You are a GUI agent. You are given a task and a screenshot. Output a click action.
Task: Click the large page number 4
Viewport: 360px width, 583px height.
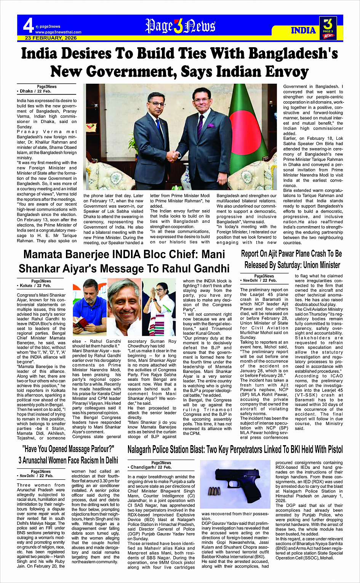tap(28, 26)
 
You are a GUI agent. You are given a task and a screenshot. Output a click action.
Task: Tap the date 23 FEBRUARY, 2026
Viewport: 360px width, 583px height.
tap(51, 38)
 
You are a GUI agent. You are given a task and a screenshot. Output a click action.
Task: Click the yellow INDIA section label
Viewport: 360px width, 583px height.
tap(303, 30)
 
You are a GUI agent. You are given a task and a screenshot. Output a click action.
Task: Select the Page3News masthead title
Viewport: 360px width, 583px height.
tap(180, 26)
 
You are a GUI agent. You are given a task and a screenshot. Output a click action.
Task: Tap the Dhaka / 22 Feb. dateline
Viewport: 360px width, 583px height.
tap(35, 91)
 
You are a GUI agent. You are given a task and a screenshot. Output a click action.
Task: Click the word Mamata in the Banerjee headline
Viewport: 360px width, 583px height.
tap(49, 255)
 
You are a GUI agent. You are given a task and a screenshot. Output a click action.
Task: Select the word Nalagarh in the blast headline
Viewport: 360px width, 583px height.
tap(147, 450)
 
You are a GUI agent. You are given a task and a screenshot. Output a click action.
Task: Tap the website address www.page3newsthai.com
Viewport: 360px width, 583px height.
tap(58, 32)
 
